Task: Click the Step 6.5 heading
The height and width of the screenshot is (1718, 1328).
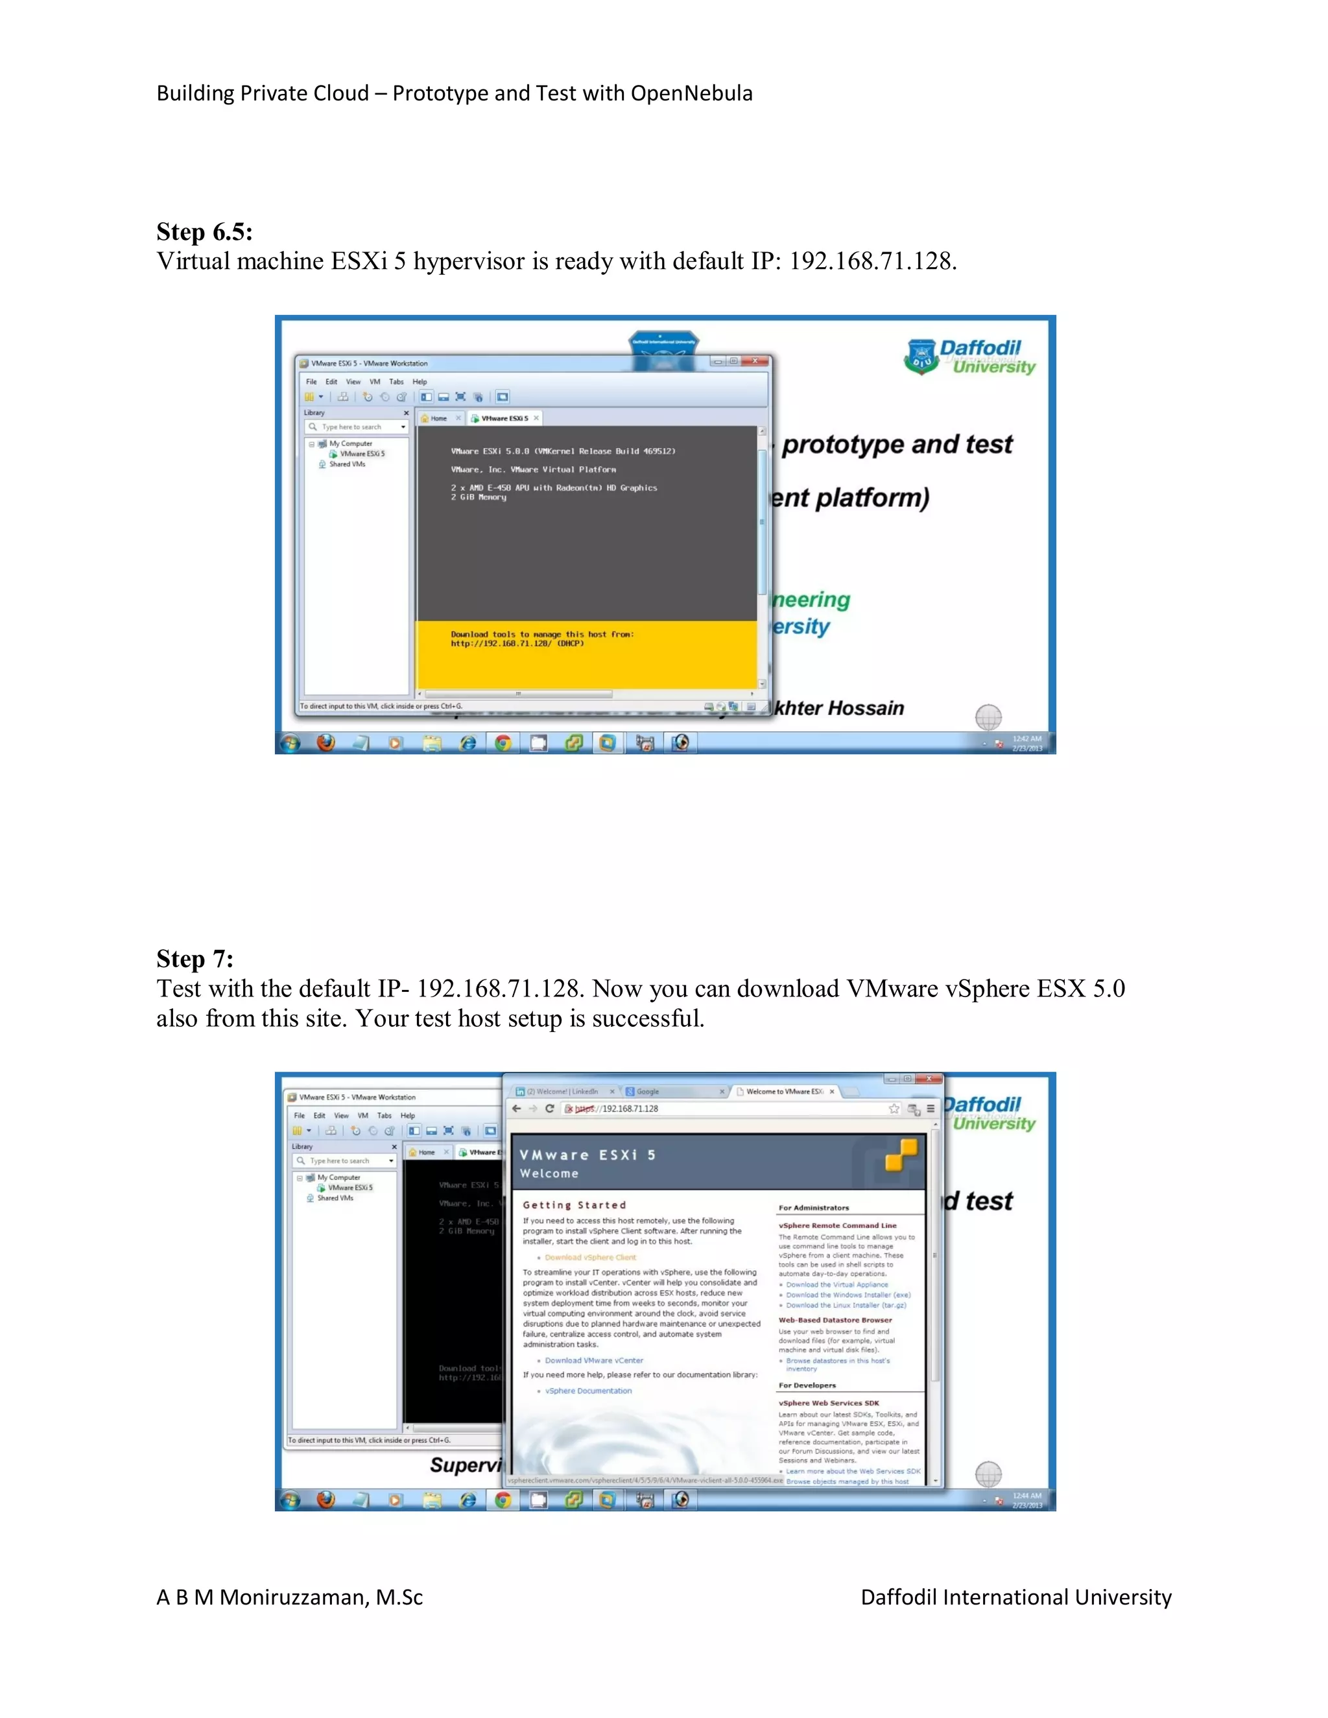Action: point(204,232)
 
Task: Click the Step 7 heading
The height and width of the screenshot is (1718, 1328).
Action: point(195,959)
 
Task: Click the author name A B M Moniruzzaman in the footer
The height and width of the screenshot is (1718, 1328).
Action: point(289,1597)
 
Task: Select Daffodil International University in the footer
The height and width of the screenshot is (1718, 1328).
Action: point(1015,1597)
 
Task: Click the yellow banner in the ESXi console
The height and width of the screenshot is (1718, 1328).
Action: point(586,655)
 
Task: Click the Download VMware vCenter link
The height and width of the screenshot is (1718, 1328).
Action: point(593,1360)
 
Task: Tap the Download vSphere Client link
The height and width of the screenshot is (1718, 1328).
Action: point(590,1257)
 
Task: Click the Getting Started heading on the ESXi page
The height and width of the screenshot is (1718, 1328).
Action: point(575,1205)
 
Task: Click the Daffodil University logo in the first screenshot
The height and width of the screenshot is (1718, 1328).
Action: point(970,357)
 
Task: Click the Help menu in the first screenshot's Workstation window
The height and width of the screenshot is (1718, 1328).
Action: point(420,381)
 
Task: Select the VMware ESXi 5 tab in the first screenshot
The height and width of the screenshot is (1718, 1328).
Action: point(503,419)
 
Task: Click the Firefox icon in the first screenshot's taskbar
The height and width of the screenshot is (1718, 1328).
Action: point(325,742)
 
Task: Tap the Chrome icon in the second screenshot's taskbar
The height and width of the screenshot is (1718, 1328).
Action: point(503,1500)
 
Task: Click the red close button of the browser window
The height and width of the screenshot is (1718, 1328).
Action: point(929,1079)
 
